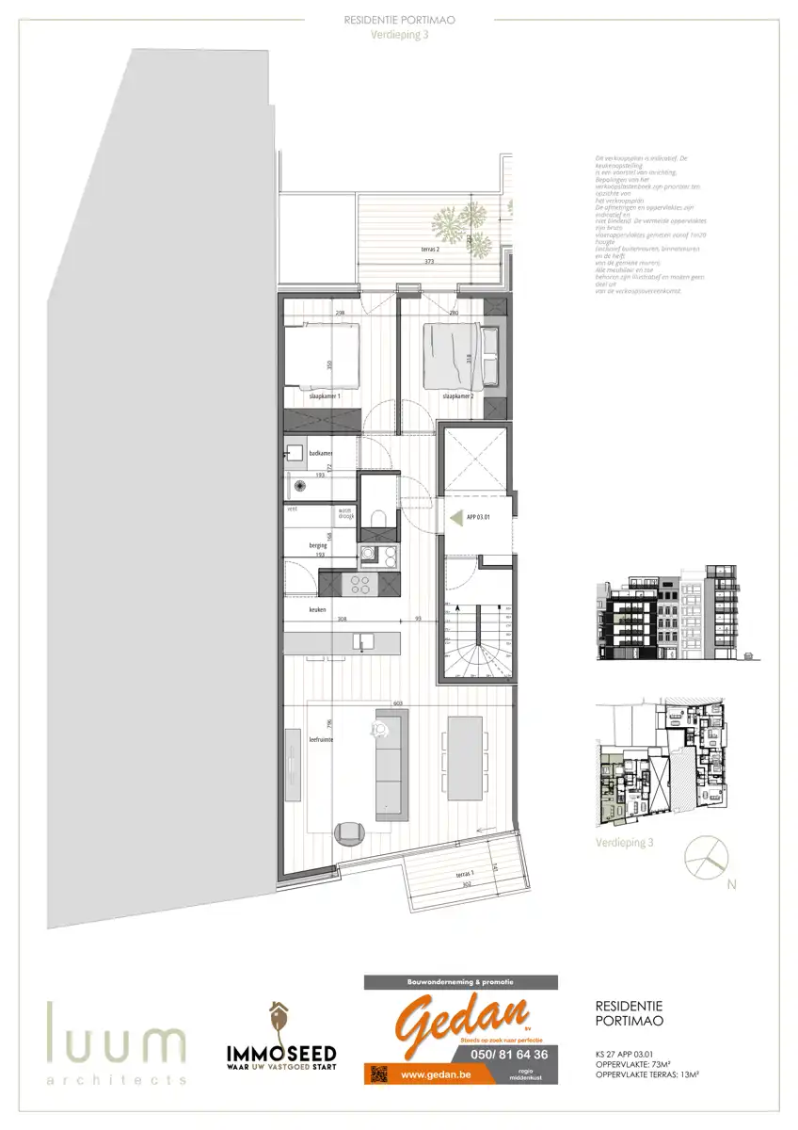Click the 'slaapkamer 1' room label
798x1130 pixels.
(x=325, y=398)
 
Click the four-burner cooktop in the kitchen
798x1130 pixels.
(x=359, y=584)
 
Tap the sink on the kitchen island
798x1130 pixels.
(x=359, y=643)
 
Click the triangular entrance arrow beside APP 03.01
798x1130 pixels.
(x=456, y=517)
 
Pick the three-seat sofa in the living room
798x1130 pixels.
(x=391, y=763)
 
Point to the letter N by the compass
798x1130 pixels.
(x=731, y=884)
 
